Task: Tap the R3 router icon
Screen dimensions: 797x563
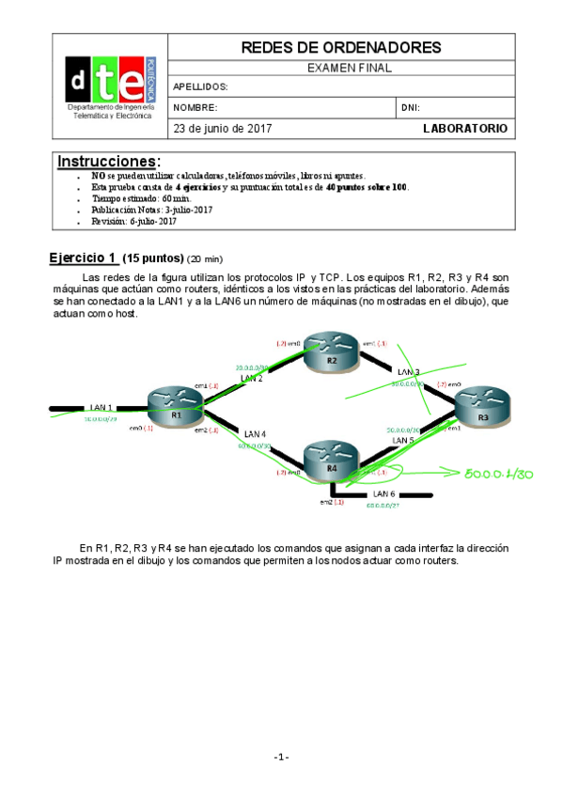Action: tap(482, 411)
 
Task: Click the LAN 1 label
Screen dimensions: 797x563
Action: tap(102, 407)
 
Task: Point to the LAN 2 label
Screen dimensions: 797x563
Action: tap(252, 378)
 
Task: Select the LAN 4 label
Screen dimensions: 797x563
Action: tap(255, 433)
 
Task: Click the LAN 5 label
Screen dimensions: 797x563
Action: tap(402, 440)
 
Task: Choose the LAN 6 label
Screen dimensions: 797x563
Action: tap(384, 493)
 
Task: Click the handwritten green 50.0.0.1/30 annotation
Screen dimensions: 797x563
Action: tap(498, 475)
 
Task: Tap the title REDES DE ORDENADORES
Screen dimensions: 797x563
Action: tap(341, 47)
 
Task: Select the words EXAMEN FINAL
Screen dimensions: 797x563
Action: tap(350, 68)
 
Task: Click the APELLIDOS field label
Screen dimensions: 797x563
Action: tap(201, 86)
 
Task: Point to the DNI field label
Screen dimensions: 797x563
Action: tap(410, 108)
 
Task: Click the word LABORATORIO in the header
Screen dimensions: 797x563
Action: tap(464, 128)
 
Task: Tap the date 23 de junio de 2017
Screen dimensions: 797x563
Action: tap(222, 128)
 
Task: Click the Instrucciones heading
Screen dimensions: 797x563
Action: tap(109, 161)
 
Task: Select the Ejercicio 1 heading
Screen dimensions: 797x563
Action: tap(85, 258)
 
